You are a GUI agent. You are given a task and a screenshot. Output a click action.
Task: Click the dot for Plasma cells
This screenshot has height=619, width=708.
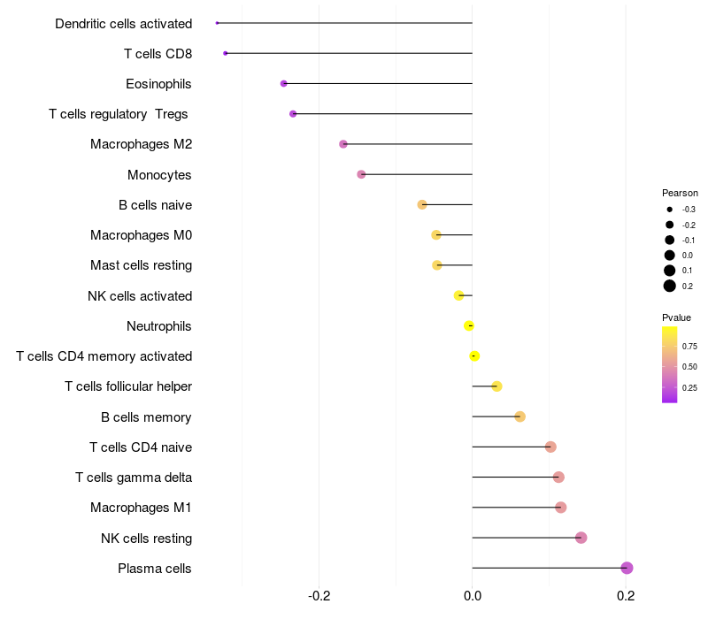pyautogui.click(x=627, y=568)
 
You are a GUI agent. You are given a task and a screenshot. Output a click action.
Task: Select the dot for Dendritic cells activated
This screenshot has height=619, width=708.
pyautogui.click(x=217, y=23)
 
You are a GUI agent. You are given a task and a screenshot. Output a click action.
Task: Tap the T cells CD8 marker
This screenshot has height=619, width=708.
pyautogui.click(x=226, y=53)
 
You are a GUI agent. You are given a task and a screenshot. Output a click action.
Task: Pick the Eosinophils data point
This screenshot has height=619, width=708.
pyautogui.click(x=283, y=83)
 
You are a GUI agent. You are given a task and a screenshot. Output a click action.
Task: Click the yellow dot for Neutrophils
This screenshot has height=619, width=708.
pyautogui.click(x=469, y=325)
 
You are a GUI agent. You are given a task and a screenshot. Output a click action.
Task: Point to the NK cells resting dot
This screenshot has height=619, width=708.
pyautogui.click(x=581, y=538)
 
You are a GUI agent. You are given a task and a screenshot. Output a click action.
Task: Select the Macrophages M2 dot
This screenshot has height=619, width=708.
pyautogui.click(x=343, y=144)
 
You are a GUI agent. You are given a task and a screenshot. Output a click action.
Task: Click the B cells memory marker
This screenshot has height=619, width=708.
pyautogui.click(x=519, y=416)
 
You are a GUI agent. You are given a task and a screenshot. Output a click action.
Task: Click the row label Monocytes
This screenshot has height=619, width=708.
pyautogui.click(x=159, y=174)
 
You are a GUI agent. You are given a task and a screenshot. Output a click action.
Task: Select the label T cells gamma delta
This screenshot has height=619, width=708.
pyautogui.click(x=134, y=478)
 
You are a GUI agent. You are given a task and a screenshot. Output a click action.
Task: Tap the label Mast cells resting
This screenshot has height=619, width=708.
pyautogui.click(x=141, y=265)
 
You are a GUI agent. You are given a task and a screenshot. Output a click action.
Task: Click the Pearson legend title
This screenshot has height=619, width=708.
pyautogui.click(x=680, y=193)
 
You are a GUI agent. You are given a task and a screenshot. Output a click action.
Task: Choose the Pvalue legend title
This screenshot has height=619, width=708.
pyautogui.click(x=676, y=317)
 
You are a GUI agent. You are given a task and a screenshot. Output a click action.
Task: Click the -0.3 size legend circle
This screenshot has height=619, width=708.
pyautogui.click(x=670, y=210)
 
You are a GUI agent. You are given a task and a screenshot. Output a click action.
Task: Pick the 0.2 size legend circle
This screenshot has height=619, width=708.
pyautogui.click(x=670, y=286)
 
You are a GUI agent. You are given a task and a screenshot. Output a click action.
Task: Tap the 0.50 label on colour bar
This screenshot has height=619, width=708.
pyautogui.click(x=689, y=366)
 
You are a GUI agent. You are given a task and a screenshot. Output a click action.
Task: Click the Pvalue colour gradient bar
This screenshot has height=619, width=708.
pyautogui.click(x=670, y=364)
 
